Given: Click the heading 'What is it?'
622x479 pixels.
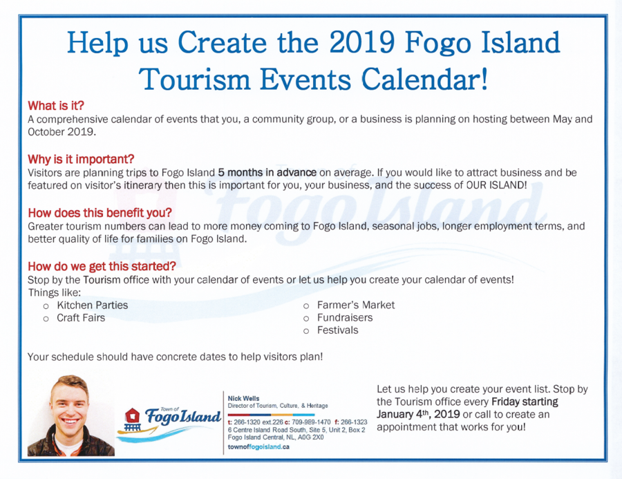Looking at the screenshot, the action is pyautogui.click(x=56, y=106).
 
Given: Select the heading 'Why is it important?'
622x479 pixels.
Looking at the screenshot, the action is pyautogui.click(x=81, y=160).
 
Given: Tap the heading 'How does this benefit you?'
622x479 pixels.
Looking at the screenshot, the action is pyautogui.click(x=100, y=213).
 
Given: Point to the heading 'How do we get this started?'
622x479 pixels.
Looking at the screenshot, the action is pyautogui.click(x=102, y=266).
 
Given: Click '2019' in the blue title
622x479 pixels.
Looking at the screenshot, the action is pyautogui.click(x=361, y=42).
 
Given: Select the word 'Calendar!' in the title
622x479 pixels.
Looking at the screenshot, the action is pyautogui.click(x=424, y=79).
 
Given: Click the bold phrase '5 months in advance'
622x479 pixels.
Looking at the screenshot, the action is pyautogui.click(x=267, y=173).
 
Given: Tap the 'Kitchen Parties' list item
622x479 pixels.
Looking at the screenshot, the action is pyautogui.click(x=93, y=306).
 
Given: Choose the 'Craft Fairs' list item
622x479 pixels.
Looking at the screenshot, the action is pyautogui.click(x=81, y=318).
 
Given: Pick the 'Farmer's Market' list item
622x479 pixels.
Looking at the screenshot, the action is pyautogui.click(x=356, y=306).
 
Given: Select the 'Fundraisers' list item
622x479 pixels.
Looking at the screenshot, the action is pyautogui.click(x=345, y=318).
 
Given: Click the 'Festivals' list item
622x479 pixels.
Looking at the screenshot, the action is pyautogui.click(x=337, y=330).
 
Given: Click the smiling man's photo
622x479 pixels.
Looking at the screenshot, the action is pyautogui.click(x=71, y=416).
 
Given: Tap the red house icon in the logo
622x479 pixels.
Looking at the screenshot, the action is pyautogui.click(x=132, y=416).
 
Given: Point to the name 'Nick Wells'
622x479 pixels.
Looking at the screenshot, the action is pyautogui.click(x=243, y=398).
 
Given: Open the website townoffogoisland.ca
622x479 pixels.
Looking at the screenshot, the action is pyautogui.click(x=258, y=447).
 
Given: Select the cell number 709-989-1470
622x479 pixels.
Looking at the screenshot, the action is pyautogui.click(x=311, y=422).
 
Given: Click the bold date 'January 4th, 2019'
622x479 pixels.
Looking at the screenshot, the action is pyautogui.click(x=418, y=414).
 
